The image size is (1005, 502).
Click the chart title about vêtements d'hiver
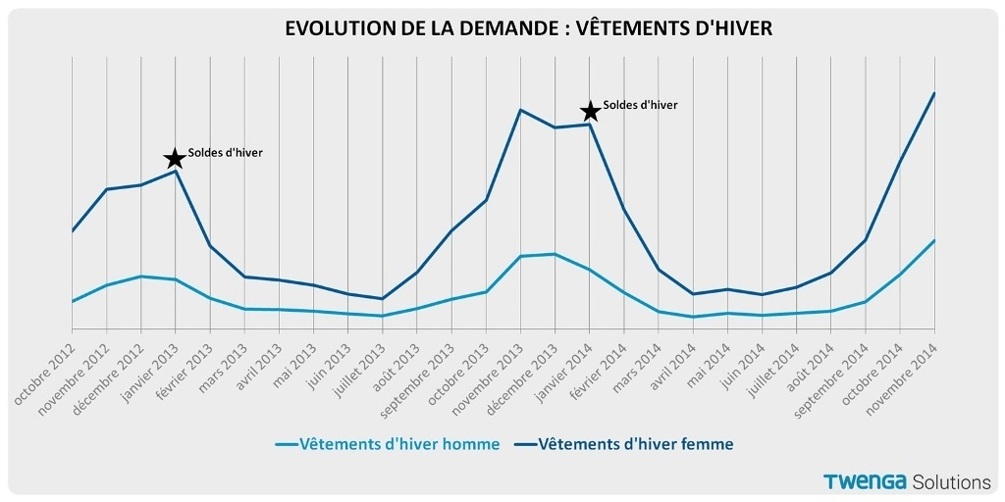click(x=528, y=28)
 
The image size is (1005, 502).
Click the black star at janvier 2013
click(x=174, y=158)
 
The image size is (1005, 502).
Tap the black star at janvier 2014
click(x=589, y=112)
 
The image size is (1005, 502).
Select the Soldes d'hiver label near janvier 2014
click(x=640, y=105)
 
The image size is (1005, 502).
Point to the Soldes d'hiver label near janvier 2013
click(x=226, y=153)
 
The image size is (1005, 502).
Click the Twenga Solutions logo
click(x=907, y=481)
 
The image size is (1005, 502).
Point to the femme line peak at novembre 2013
click(x=520, y=110)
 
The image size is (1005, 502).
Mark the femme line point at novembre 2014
click(x=934, y=93)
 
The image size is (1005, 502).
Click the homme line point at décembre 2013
click(x=555, y=254)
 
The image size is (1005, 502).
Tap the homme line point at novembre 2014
click(x=934, y=240)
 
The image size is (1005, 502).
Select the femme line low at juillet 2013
click(x=382, y=298)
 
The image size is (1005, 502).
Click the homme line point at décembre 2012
click(x=140, y=276)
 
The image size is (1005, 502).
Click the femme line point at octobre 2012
click(x=72, y=231)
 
